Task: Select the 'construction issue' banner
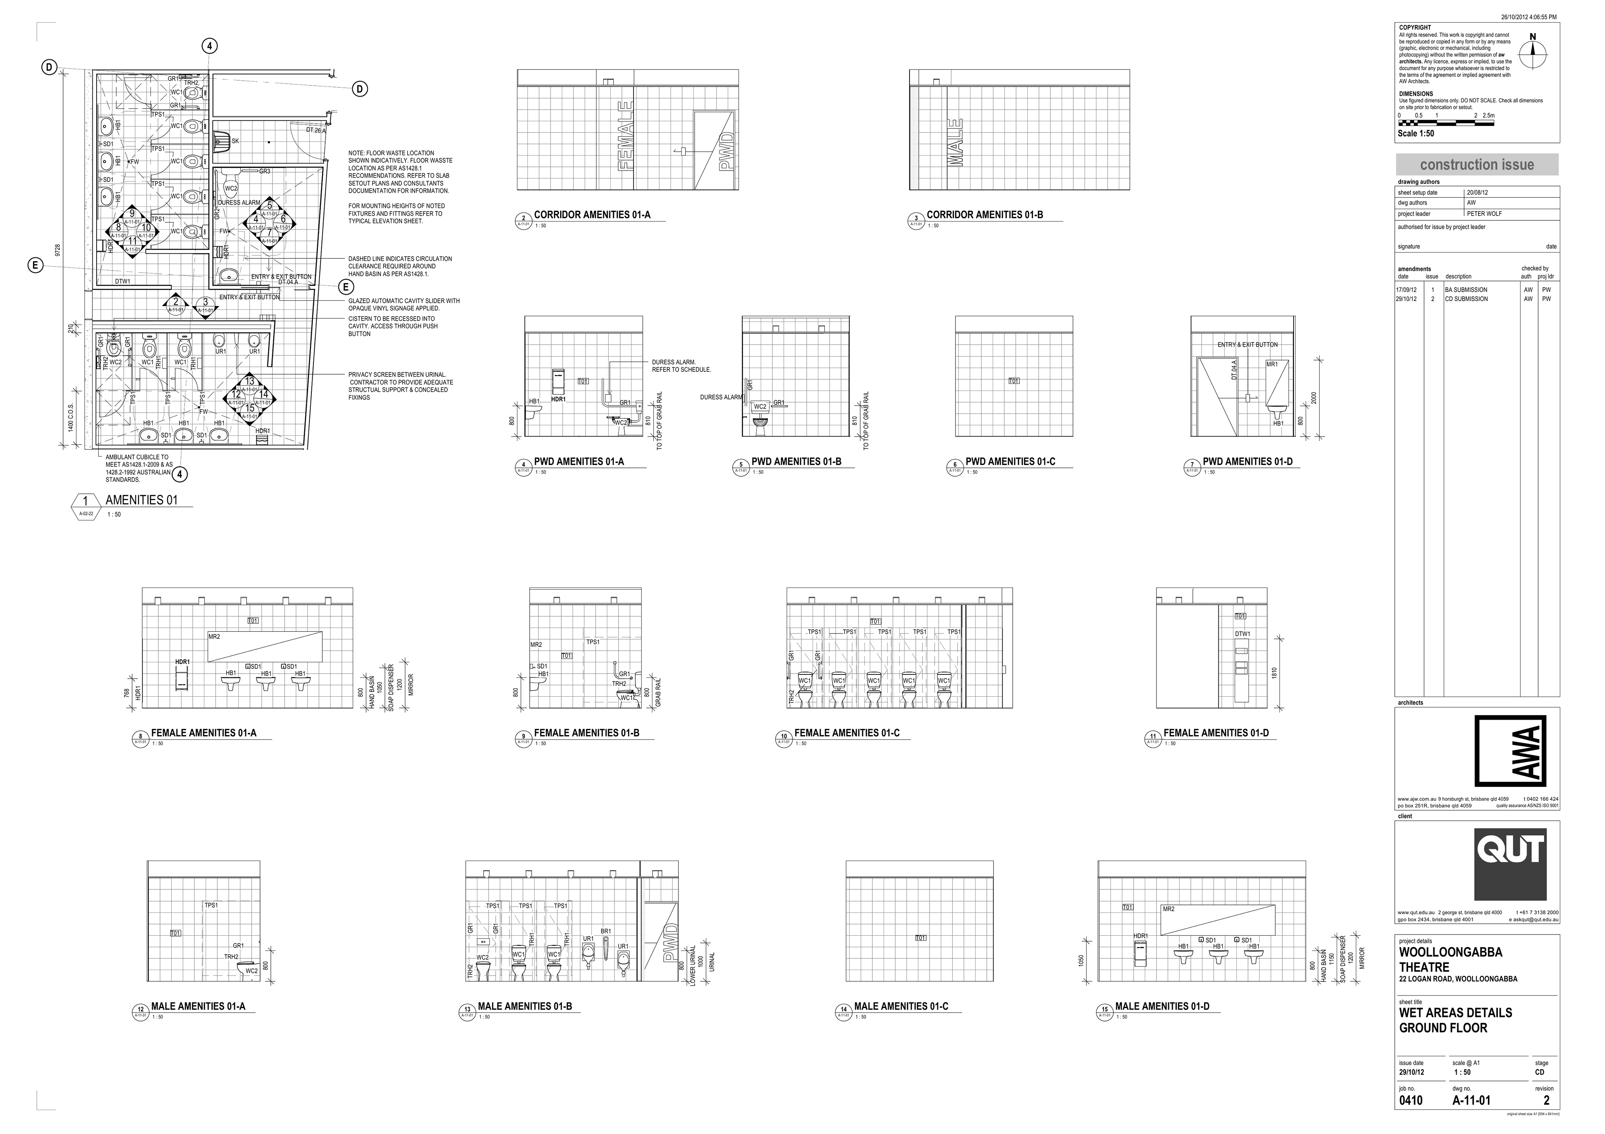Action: point(1476,165)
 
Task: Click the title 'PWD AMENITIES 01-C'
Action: point(1010,462)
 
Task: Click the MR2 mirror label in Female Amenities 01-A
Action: point(214,637)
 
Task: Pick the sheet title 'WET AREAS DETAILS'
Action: point(1455,1012)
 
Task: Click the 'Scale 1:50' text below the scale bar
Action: point(1416,133)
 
